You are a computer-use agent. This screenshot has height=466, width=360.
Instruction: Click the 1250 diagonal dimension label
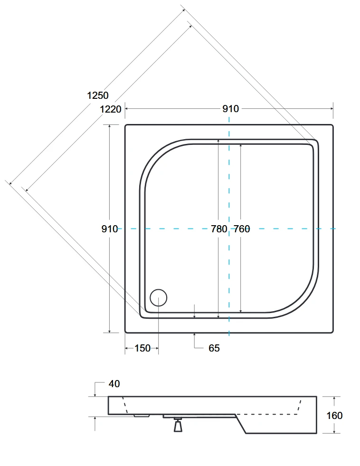point(98,95)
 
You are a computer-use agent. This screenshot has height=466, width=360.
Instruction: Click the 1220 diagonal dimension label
point(111,109)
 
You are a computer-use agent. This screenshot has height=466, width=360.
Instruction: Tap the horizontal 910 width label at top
point(230,109)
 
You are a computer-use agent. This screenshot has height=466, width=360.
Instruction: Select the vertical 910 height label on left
point(110,229)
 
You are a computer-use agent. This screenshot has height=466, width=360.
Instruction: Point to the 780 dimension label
point(219,229)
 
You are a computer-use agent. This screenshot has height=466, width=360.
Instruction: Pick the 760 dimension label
point(242,229)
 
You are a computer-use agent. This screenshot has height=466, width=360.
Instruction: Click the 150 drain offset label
point(142,348)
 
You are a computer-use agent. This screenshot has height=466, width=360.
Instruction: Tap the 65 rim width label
point(214,348)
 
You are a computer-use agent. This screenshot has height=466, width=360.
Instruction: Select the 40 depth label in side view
point(114,384)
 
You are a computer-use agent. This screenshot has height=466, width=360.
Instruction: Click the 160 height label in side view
point(334,416)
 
